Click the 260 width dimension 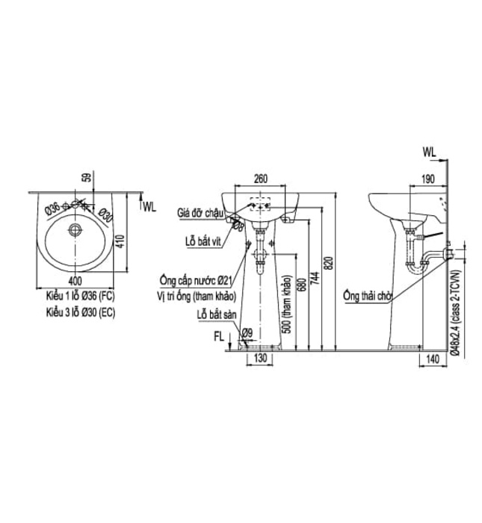260,179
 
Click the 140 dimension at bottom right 432,360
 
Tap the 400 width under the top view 75,280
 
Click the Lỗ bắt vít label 202,241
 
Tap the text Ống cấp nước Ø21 198,281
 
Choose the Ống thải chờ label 368,295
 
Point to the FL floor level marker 219,337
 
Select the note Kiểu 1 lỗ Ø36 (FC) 78,297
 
